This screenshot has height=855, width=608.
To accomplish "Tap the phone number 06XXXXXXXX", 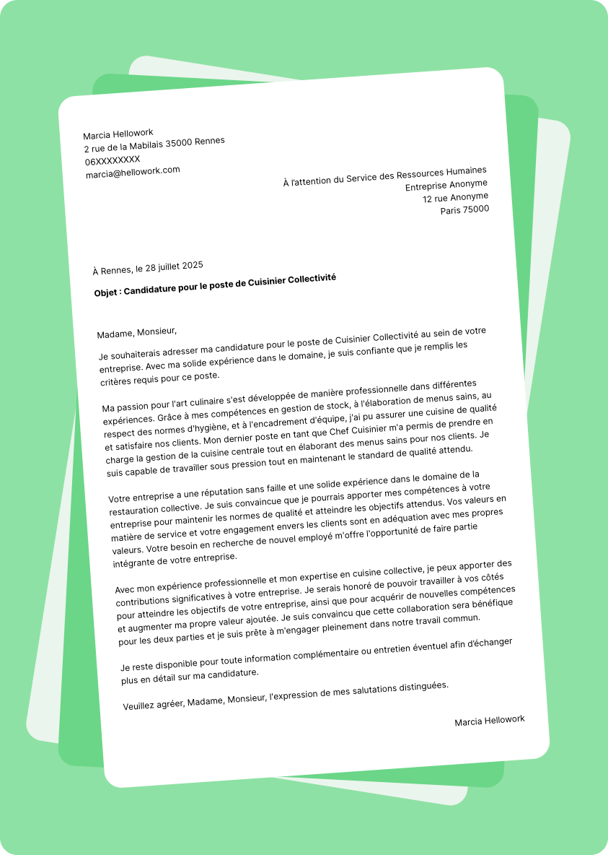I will point(113,160).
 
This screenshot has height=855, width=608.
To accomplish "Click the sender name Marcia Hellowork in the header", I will point(118,134).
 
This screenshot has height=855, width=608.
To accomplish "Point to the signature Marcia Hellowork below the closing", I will point(490,721).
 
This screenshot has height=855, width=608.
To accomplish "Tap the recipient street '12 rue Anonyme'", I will point(455,197).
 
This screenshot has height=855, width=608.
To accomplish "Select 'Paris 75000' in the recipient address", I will point(464,210).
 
